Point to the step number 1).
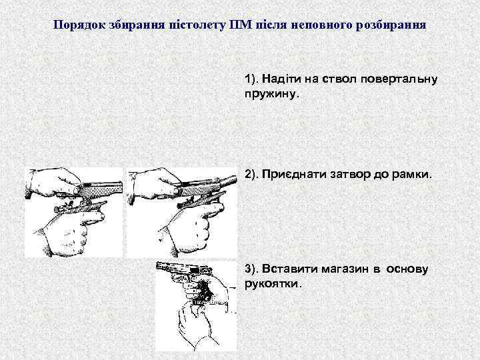[251, 79]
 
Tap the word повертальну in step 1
[399, 79]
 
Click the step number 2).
[251, 175]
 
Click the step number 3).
[251, 269]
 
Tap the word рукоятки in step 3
[271, 284]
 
